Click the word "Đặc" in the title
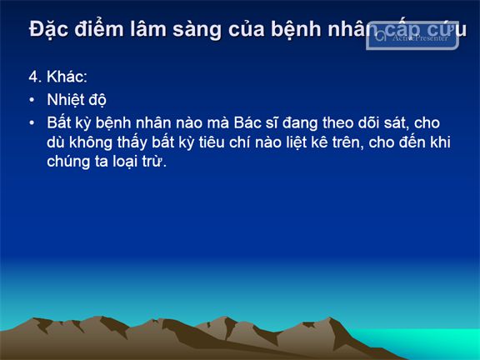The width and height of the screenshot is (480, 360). click(x=48, y=30)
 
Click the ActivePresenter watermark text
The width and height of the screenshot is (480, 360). click(x=420, y=37)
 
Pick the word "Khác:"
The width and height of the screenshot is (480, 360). click(x=67, y=76)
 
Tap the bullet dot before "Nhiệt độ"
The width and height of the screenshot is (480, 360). click(x=32, y=100)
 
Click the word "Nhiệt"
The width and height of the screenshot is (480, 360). click(x=66, y=100)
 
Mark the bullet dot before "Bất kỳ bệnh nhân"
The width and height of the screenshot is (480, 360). click(x=32, y=123)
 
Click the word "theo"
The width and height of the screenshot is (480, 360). click(x=337, y=122)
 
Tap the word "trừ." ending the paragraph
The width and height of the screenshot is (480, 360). click(x=154, y=162)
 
